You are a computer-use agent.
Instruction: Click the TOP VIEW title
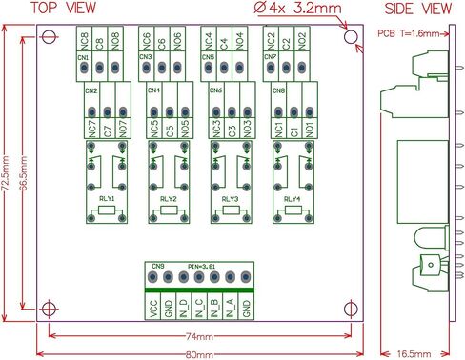click(x=64, y=9)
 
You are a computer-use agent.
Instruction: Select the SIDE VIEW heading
click(x=417, y=9)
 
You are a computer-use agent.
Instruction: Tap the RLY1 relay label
click(x=107, y=199)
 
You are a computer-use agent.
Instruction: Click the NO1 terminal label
click(x=311, y=127)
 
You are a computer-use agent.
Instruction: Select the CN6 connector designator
click(x=216, y=91)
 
